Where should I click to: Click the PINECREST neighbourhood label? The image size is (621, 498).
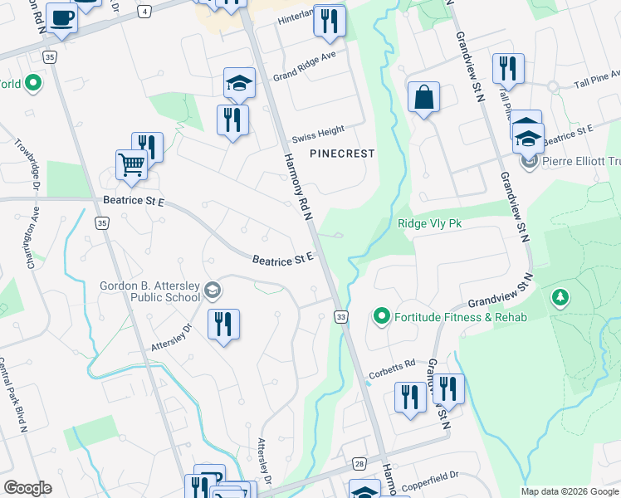coord(342,154)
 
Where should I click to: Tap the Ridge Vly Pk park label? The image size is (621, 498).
coord(428,223)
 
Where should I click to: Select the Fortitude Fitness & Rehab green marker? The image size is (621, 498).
coord(382,316)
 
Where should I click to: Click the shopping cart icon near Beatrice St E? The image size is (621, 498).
coord(131,164)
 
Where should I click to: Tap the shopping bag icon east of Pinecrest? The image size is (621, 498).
coord(423,97)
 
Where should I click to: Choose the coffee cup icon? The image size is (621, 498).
coord(61,18)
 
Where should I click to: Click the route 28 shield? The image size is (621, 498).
coord(359,465)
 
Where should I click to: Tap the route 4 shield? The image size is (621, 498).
coord(145,12)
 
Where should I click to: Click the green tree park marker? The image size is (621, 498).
coord(560,297)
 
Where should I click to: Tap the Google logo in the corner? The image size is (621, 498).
coord(27,488)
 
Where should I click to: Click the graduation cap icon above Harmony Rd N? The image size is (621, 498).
coord(238,82)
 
